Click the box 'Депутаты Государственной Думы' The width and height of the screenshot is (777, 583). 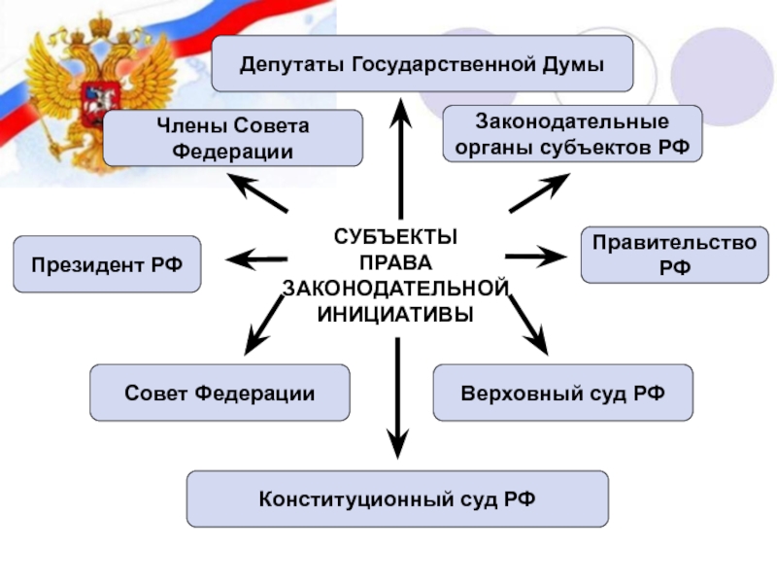(422, 64)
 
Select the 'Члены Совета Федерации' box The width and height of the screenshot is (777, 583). (232, 138)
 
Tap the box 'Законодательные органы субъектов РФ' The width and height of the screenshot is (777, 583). (572, 134)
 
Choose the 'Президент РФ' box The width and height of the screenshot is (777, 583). (107, 264)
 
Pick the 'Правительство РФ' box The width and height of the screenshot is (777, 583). (674, 255)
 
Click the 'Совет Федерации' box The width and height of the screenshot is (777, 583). (220, 393)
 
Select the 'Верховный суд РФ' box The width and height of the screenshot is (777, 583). (562, 393)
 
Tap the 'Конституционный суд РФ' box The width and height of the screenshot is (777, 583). (397, 499)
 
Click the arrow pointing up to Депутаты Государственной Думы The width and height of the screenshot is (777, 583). (400, 146)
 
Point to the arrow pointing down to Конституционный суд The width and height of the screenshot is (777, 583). (396, 394)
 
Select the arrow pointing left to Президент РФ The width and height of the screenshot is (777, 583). (256, 258)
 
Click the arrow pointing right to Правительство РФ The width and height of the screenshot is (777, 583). (535, 257)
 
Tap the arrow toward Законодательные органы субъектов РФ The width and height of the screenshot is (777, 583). (539, 193)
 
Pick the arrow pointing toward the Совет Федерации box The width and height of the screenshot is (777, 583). (264, 325)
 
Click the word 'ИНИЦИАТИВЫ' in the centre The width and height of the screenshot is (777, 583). (395, 315)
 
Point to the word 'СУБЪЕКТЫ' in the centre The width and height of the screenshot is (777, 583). (395, 237)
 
